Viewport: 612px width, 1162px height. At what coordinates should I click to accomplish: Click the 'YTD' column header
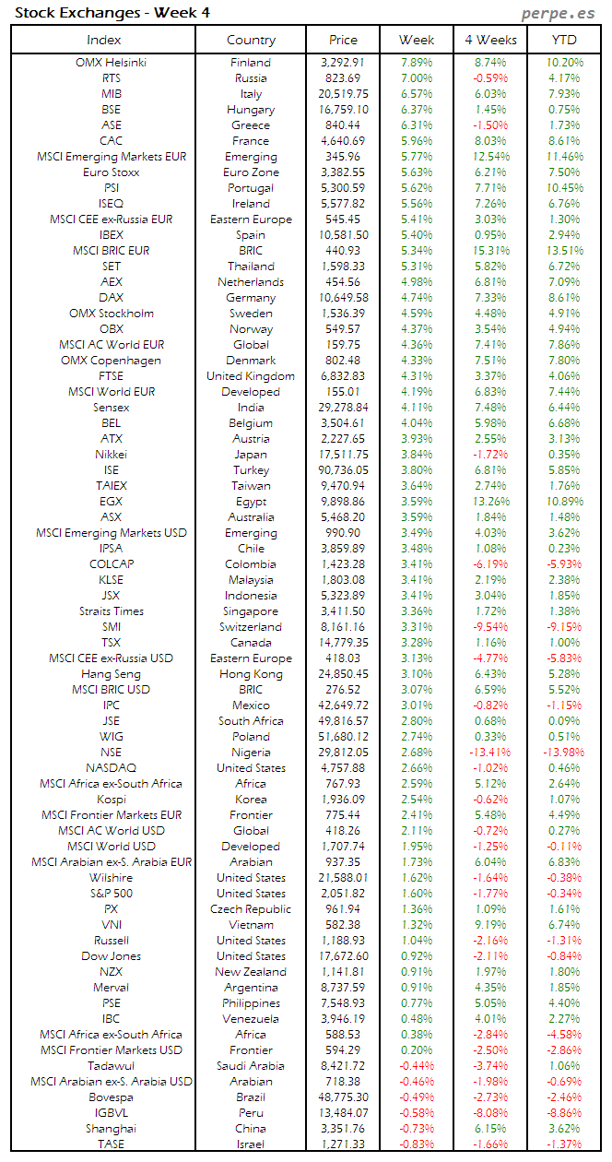pyautogui.click(x=563, y=40)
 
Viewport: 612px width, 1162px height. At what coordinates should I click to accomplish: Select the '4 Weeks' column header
pyautogui.click(x=490, y=40)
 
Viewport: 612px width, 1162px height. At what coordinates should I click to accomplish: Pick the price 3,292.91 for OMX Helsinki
pyautogui.click(x=343, y=63)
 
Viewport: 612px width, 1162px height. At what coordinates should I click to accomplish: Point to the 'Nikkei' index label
pyautogui.click(x=111, y=455)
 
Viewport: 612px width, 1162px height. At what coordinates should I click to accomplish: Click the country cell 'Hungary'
pyautogui.click(x=251, y=110)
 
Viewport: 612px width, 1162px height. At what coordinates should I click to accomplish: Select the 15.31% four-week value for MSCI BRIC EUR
pyautogui.click(x=490, y=251)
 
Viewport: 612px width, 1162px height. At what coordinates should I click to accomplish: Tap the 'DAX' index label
pyautogui.click(x=111, y=298)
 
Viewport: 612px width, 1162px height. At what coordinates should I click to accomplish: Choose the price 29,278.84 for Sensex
pyautogui.click(x=343, y=408)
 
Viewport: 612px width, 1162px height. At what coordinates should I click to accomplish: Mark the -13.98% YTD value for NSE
pyautogui.click(x=563, y=753)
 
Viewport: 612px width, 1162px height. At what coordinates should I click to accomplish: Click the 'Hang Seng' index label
pyautogui.click(x=111, y=674)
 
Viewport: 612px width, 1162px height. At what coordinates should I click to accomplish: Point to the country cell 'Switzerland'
pyautogui.click(x=251, y=627)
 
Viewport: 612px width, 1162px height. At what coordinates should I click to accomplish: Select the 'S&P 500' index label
pyautogui.click(x=111, y=894)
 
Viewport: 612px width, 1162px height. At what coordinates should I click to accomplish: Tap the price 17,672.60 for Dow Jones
pyautogui.click(x=343, y=956)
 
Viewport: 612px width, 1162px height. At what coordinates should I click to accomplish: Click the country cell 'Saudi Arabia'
pyautogui.click(x=251, y=1066)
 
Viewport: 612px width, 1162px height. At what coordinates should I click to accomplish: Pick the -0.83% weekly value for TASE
pyautogui.click(x=418, y=1144)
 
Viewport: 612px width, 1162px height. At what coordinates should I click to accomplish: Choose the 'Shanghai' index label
pyautogui.click(x=111, y=1129)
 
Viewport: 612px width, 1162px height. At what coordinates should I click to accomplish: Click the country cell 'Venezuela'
pyautogui.click(x=251, y=1019)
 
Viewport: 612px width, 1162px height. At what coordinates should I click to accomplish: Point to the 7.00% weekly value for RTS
pyautogui.click(x=418, y=78)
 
